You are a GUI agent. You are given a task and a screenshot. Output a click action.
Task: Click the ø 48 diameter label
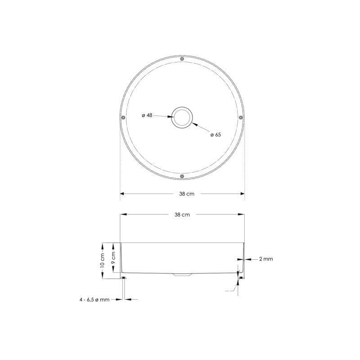click(x=147, y=115)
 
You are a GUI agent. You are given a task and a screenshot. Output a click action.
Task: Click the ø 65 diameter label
click(x=216, y=135)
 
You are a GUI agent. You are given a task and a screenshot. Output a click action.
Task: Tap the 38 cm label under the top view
click(x=187, y=194)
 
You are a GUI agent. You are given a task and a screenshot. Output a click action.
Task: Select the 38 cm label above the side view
click(x=182, y=215)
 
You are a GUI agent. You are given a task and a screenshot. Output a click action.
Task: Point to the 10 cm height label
click(x=102, y=261)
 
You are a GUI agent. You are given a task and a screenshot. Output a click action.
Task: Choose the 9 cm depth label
click(x=113, y=258)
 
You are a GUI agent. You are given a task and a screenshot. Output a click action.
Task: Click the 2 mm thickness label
click(x=266, y=259)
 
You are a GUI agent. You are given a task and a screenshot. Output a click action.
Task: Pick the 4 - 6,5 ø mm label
click(x=94, y=300)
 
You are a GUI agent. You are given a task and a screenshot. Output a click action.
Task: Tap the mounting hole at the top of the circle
click(x=182, y=59)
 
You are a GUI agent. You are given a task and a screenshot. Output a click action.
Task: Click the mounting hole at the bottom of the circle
click(x=182, y=176)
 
